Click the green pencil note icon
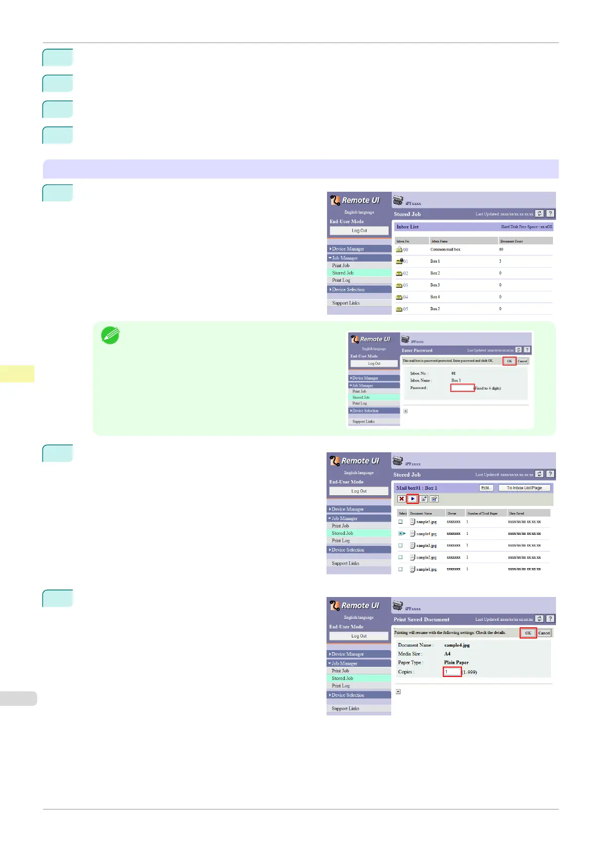(x=110, y=335)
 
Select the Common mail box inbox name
(x=445, y=249)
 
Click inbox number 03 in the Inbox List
(x=405, y=285)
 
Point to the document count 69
(x=501, y=249)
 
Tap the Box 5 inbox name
(x=435, y=309)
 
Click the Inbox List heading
(x=407, y=227)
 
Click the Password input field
(x=462, y=388)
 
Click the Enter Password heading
(x=417, y=350)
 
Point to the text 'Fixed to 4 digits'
(x=488, y=389)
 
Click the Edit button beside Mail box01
(x=486, y=488)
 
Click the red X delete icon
(x=401, y=499)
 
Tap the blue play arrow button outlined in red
(x=412, y=499)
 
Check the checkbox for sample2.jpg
(x=400, y=557)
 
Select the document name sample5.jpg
(x=426, y=522)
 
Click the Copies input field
(x=452, y=672)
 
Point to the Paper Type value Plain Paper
(x=456, y=662)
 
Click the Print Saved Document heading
(x=421, y=619)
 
